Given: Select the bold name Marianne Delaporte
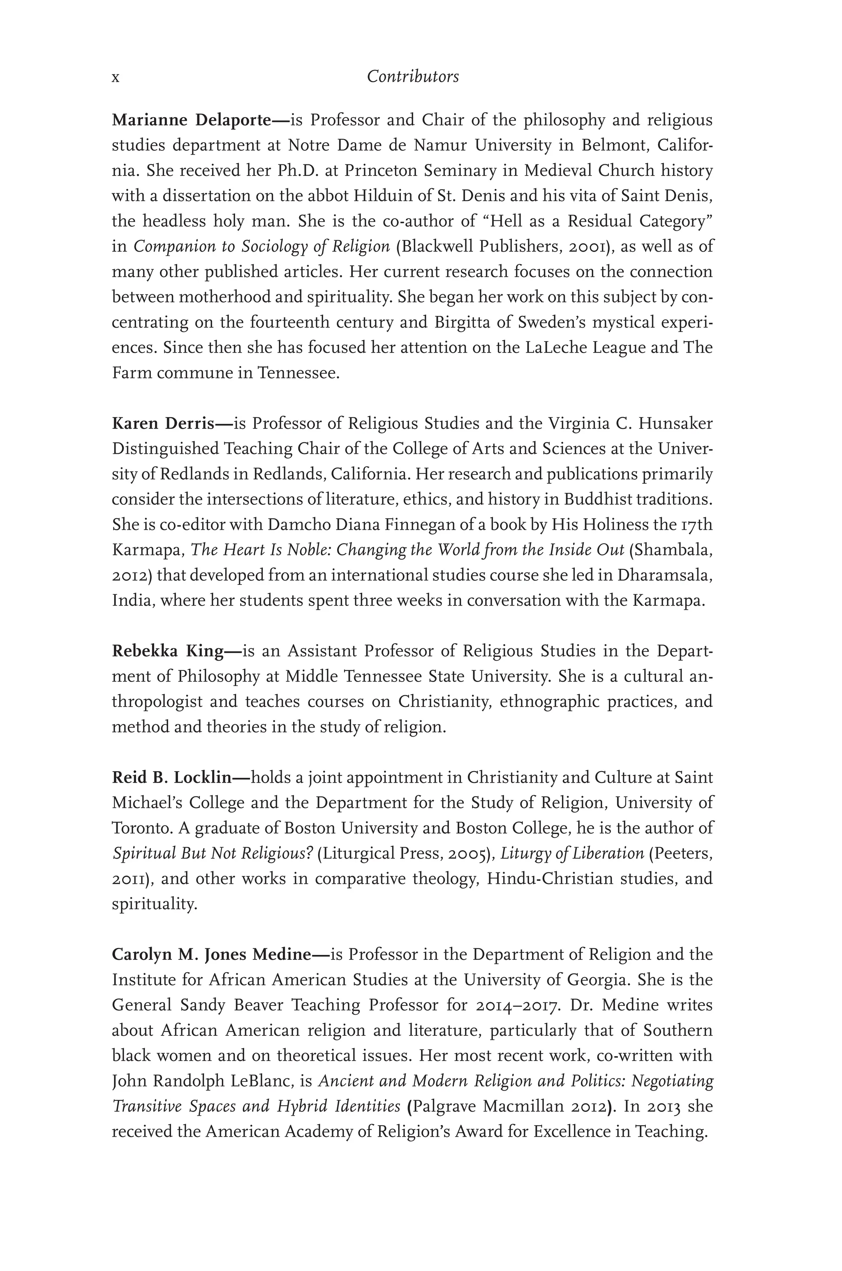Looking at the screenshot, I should [x=191, y=120].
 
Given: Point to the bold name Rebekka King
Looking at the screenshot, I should [x=168, y=651].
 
